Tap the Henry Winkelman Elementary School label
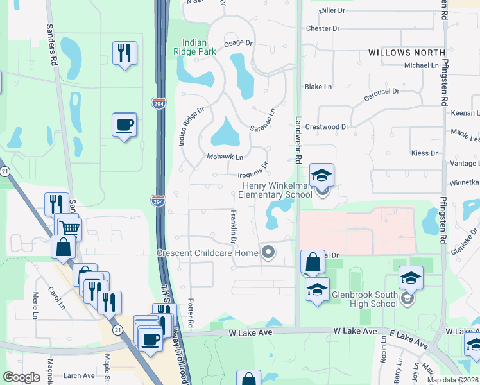tap(275, 190)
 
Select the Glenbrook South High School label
tap(364, 300)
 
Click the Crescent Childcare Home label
tap(207, 253)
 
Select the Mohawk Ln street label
tap(225, 157)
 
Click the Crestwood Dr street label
tap(327, 127)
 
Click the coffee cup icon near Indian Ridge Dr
tap(124, 124)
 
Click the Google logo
tap(22, 377)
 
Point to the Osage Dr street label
tap(239, 43)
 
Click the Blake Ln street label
tap(318, 87)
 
